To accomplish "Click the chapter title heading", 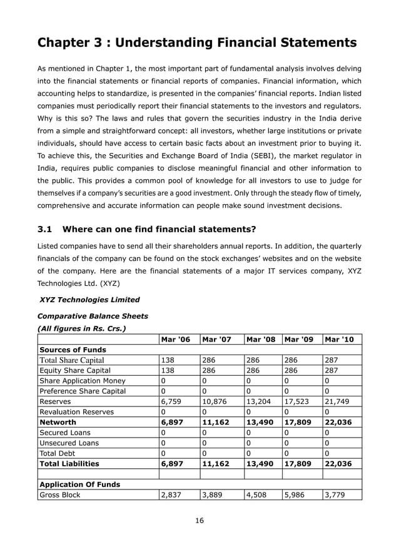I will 197,42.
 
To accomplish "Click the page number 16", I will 199,521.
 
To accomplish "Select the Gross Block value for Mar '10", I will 334,495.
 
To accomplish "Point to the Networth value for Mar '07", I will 215,422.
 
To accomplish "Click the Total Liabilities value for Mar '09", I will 298,464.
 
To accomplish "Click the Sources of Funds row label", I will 73,350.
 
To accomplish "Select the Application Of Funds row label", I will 80,484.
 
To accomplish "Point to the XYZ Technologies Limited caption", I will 89,300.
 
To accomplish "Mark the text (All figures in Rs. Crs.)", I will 82,328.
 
